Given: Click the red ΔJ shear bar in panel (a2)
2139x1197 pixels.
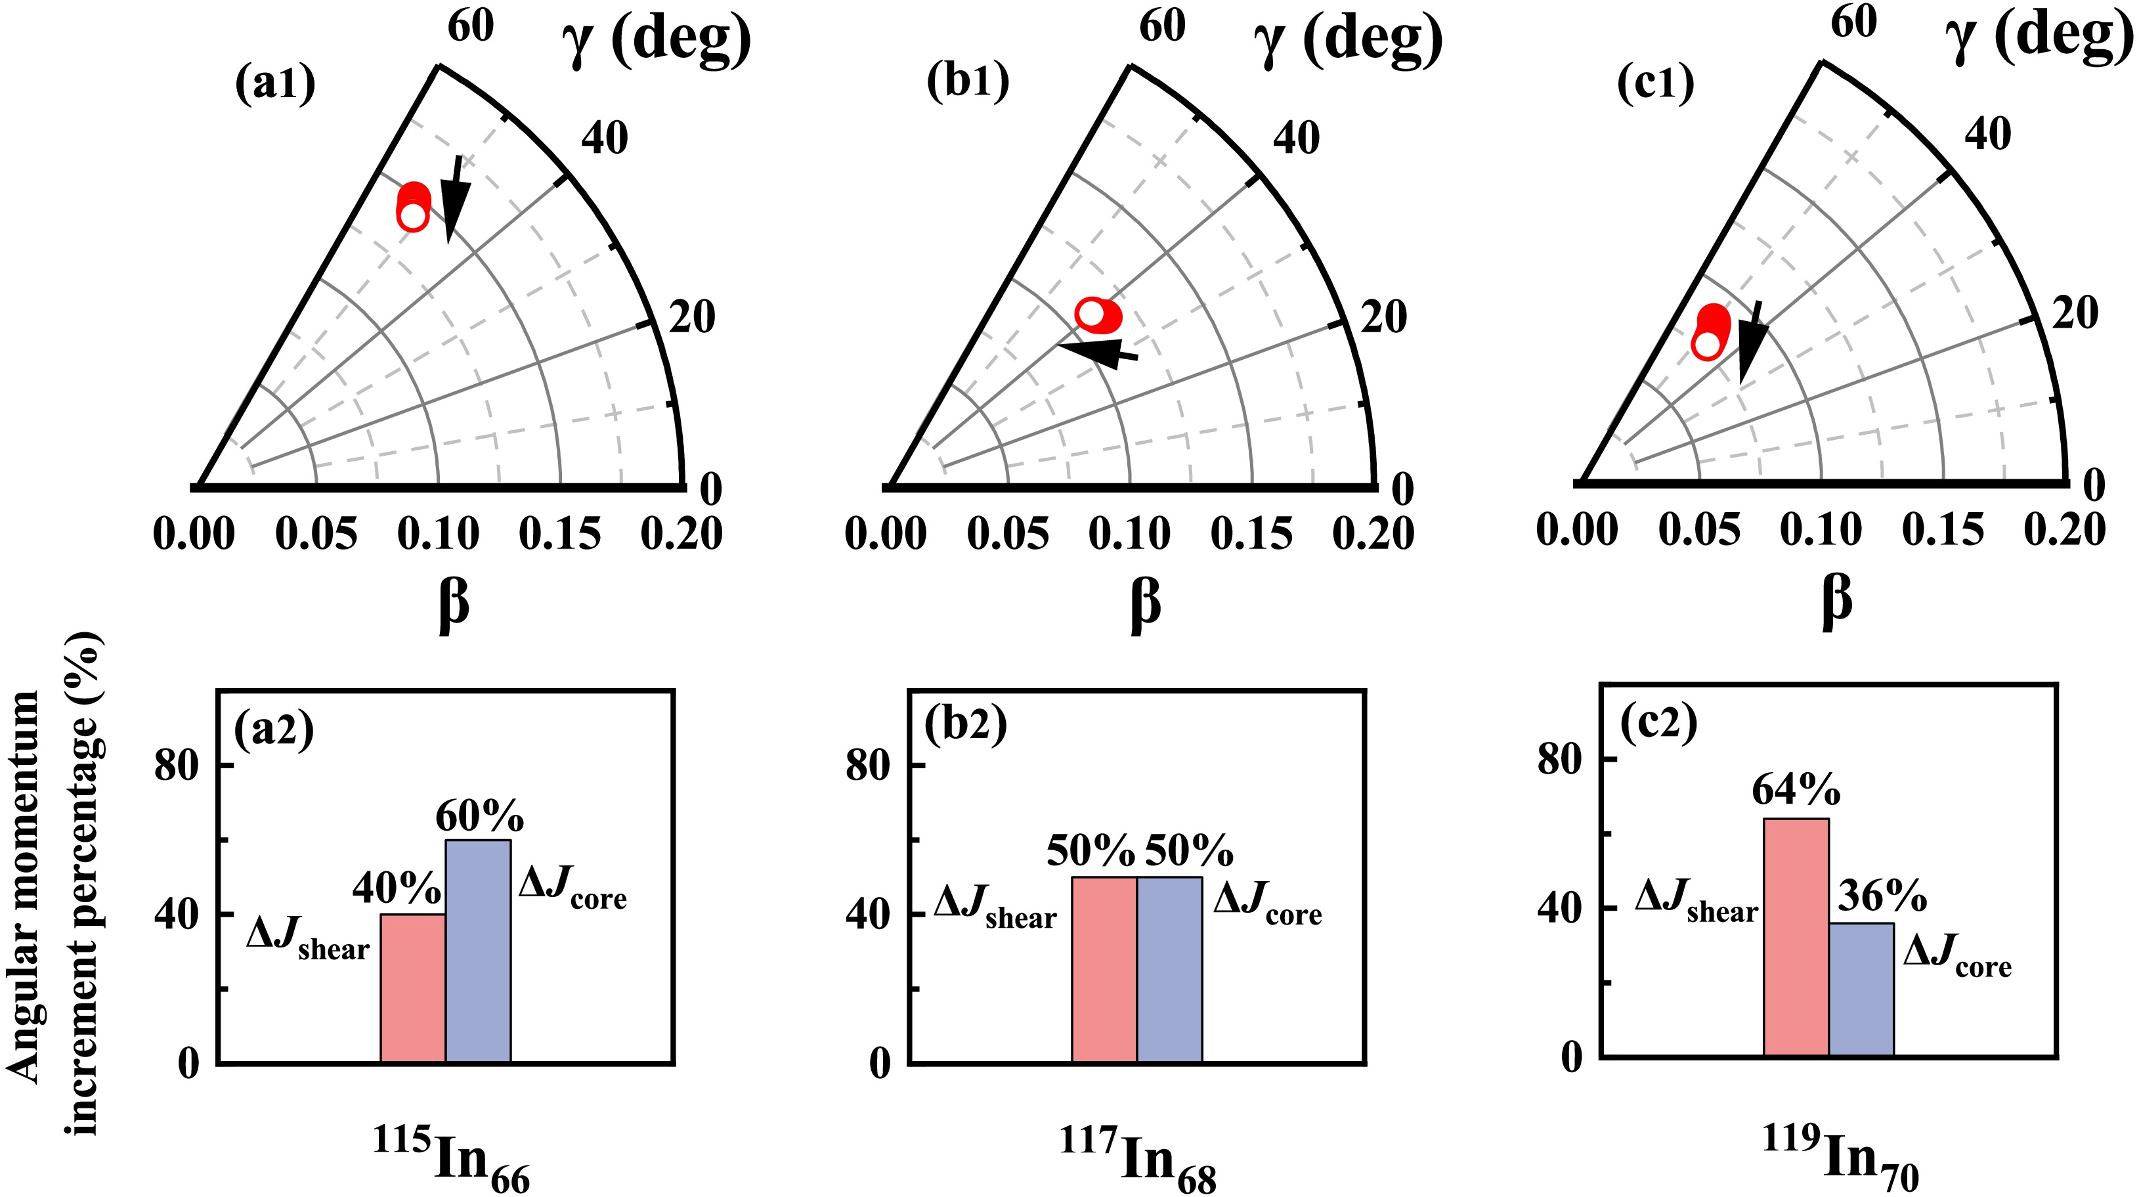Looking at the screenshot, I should tap(413, 988).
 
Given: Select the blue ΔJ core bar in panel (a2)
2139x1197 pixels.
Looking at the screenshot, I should tap(478, 951).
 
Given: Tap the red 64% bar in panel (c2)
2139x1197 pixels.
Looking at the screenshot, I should tap(1796, 937).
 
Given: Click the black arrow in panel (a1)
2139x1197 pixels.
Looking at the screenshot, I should tap(454, 200).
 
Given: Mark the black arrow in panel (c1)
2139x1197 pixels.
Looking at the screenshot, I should tap(1751, 341).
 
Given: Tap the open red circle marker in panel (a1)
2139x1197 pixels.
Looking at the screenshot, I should tap(413, 217).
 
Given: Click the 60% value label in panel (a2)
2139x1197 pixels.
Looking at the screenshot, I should tap(480, 817).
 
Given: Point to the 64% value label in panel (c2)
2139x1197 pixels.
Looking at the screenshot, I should tap(1796, 790).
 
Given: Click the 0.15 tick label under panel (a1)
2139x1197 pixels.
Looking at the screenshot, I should tap(559, 534).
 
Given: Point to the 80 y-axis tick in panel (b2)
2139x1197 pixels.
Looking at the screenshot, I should tap(868, 765).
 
